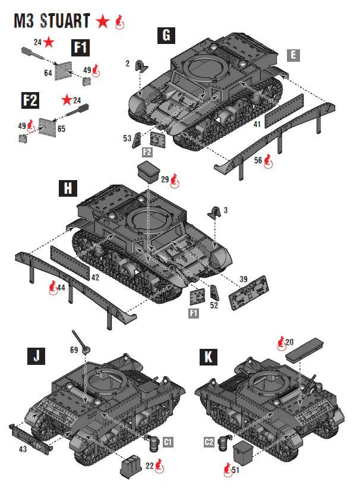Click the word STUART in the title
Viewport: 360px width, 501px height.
pos(66,21)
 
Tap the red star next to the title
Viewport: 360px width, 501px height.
pos(103,22)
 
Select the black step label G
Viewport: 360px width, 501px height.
pos(166,36)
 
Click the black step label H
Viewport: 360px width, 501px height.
pos(68,188)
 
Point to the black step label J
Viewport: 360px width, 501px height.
pos(37,357)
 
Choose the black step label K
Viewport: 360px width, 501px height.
pos(209,357)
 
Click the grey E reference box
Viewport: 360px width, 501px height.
pos(292,55)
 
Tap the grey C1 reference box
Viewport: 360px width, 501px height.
pos(168,442)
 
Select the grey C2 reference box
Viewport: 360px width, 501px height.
pos(209,442)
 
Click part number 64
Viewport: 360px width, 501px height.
pos(48,73)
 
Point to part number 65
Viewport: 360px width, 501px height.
pos(61,128)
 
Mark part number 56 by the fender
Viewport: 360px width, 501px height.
pos(257,159)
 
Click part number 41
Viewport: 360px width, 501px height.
pos(257,125)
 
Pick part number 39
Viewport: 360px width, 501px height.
pos(244,279)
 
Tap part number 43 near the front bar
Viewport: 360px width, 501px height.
pos(22,449)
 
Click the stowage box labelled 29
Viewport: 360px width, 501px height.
pos(149,172)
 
